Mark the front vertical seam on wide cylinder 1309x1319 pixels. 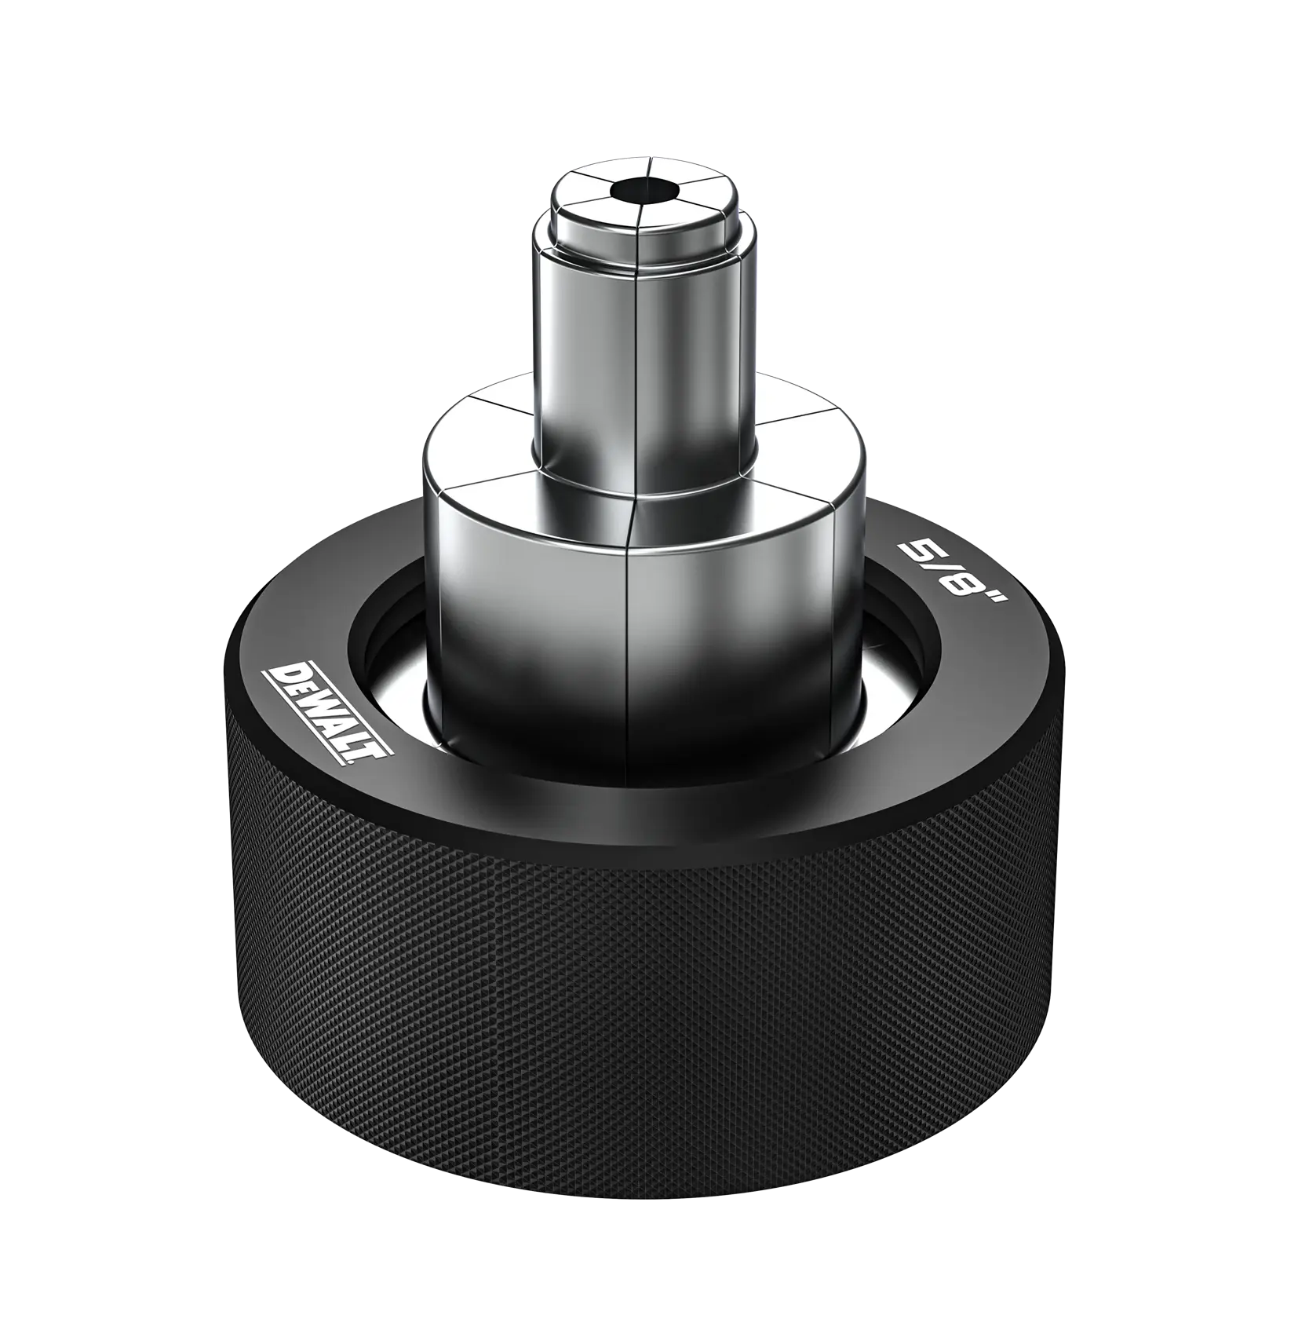(x=628, y=628)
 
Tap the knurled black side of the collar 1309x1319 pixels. (x=644, y=1021)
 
